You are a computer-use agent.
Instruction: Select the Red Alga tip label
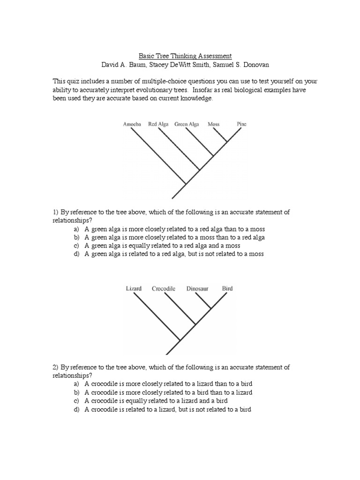point(158,124)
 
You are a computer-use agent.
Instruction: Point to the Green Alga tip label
point(187,124)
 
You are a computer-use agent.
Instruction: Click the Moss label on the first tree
point(213,124)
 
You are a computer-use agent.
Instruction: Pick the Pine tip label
point(241,124)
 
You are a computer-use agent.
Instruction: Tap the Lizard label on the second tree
point(134,289)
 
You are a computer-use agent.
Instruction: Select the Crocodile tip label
point(163,289)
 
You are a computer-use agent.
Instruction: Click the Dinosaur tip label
point(197,289)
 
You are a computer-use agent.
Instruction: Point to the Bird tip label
point(227,289)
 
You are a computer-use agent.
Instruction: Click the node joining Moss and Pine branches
point(228,142)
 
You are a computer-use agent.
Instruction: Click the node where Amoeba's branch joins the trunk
point(186,184)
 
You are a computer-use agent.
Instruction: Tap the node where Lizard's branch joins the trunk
point(180,340)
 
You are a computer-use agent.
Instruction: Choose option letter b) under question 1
point(76,237)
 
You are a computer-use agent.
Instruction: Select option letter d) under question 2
point(76,409)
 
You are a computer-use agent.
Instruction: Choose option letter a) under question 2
point(76,384)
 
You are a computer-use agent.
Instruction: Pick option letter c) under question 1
point(76,246)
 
